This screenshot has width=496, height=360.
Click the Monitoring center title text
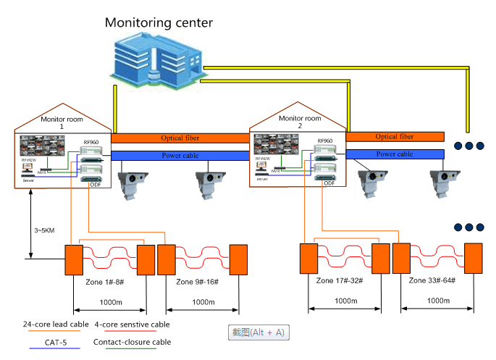(159, 22)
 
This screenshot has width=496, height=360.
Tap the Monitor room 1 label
(61, 122)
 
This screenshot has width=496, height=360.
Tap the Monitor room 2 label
(299, 122)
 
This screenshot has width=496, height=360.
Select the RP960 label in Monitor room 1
(91, 142)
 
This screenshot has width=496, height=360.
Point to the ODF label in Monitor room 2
(329, 183)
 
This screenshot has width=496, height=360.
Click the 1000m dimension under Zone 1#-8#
(109, 301)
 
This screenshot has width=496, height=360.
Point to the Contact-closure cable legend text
(132, 342)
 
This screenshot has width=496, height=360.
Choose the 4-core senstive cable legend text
(132, 325)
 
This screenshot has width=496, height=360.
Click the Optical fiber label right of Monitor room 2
(395, 136)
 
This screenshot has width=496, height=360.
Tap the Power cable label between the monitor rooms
(180, 155)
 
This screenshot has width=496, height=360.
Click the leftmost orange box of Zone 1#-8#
(73, 259)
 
